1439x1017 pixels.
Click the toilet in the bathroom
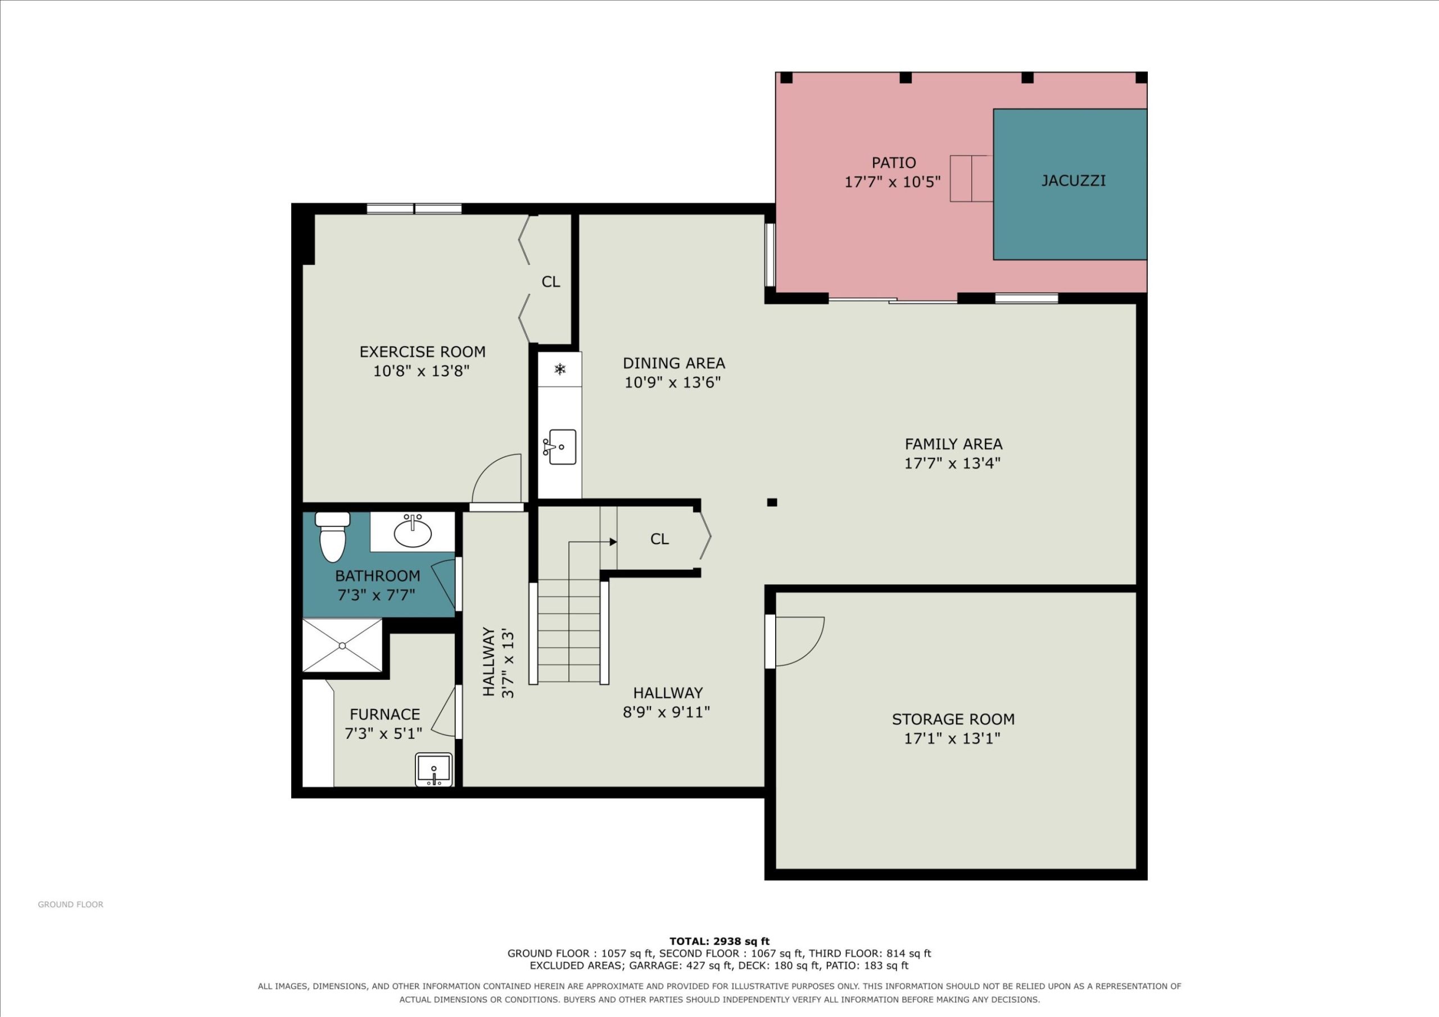click(x=332, y=537)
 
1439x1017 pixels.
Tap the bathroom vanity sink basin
click(x=413, y=533)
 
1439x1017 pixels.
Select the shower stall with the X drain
click(x=342, y=645)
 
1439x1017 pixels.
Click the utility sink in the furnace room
click(x=433, y=769)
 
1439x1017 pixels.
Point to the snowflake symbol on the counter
click(x=560, y=369)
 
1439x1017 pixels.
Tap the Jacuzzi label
click(x=1073, y=180)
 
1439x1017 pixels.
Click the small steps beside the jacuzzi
click(x=971, y=179)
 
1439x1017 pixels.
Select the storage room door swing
click(x=800, y=641)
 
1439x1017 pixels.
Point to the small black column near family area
click(x=772, y=502)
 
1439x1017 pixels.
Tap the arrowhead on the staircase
click(x=614, y=542)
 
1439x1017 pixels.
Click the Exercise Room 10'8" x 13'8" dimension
click(x=421, y=371)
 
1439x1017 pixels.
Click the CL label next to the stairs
click(x=659, y=539)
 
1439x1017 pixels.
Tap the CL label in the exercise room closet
click(x=551, y=282)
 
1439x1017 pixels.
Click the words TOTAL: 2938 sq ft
click(x=719, y=941)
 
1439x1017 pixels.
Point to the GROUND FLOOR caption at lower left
click(x=71, y=904)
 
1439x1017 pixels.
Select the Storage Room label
click(x=953, y=719)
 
